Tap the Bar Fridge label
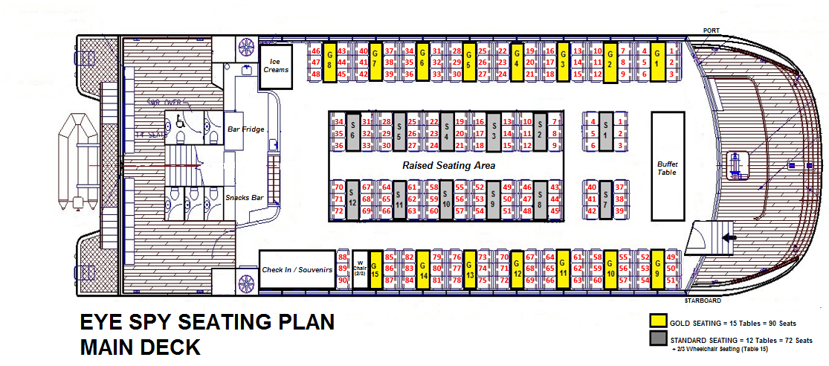click(x=245, y=129)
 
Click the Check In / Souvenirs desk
click(x=296, y=269)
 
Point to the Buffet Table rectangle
click(x=668, y=165)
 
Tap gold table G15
click(x=375, y=269)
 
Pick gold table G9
click(x=657, y=269)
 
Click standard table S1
click(x=606, y=133)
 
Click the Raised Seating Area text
click(x=448, y=165)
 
